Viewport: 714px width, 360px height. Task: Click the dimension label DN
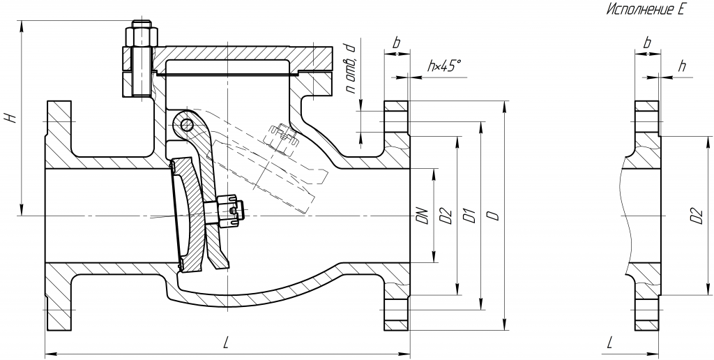[x=422, y=216]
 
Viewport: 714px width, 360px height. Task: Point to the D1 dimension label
[x=469, y=216]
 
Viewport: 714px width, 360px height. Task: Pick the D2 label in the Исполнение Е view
[x=694, y=216]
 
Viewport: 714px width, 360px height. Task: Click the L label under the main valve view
[x=226, y=342]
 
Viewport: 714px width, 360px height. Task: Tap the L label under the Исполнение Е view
[x=611, y=342]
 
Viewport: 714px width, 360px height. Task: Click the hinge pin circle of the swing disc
[x=186, y=125]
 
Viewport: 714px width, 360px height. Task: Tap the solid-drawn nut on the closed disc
[x=230, y=209]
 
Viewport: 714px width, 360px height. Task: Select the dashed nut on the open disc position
[x=281, y=137]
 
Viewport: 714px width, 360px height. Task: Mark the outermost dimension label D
[x=492, y=216]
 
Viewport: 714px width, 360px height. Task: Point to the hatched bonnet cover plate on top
[x=230, y=53]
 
